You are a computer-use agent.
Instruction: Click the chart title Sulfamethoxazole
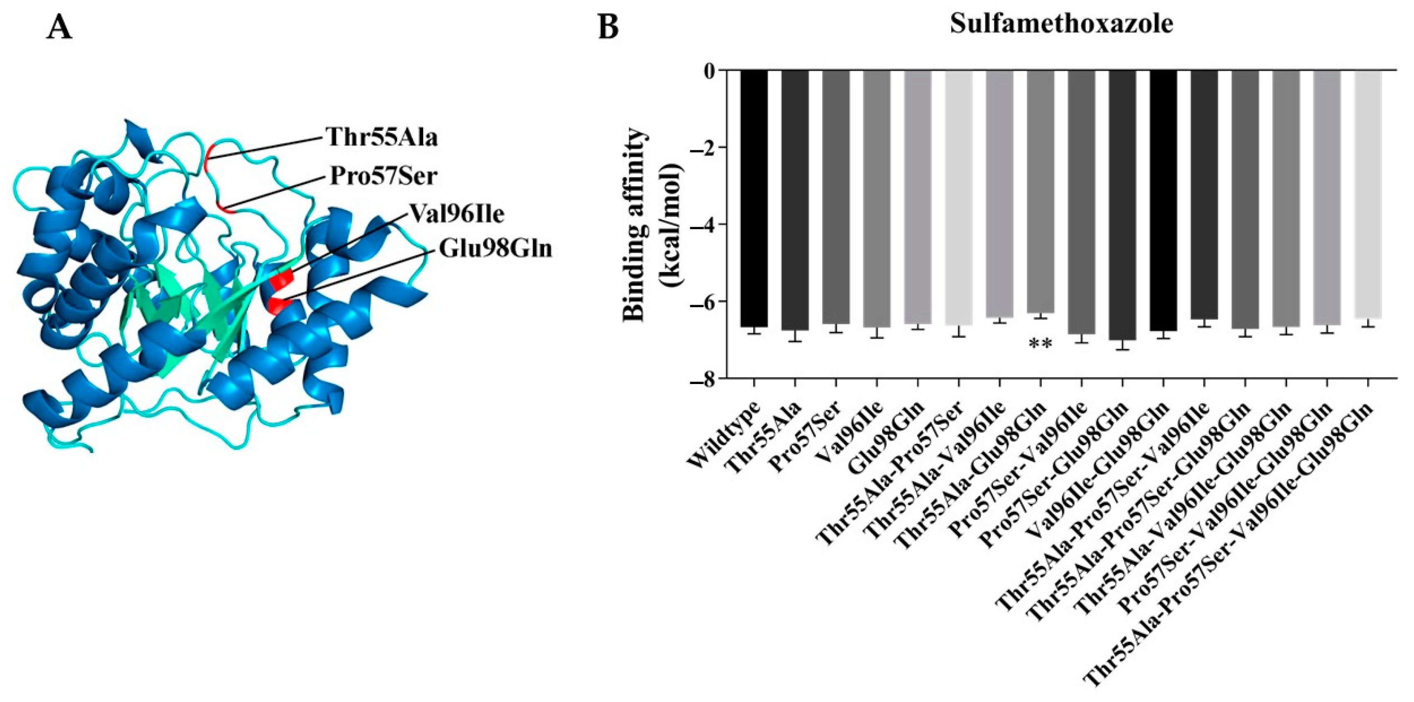pyautogui.click(x=1062, y=25)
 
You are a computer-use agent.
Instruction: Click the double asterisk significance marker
pyautogui.click(x=1040, y=344)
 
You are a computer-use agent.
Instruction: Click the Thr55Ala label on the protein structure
pyautogui.click(x=382, y=137)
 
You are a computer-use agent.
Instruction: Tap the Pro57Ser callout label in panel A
pyautogui.click(x=383, y=177)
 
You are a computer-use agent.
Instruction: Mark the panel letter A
pyautogui.click(x=59, y=27)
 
